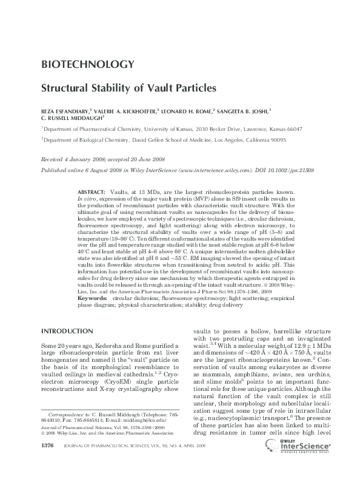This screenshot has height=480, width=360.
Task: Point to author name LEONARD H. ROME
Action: (190, 112)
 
